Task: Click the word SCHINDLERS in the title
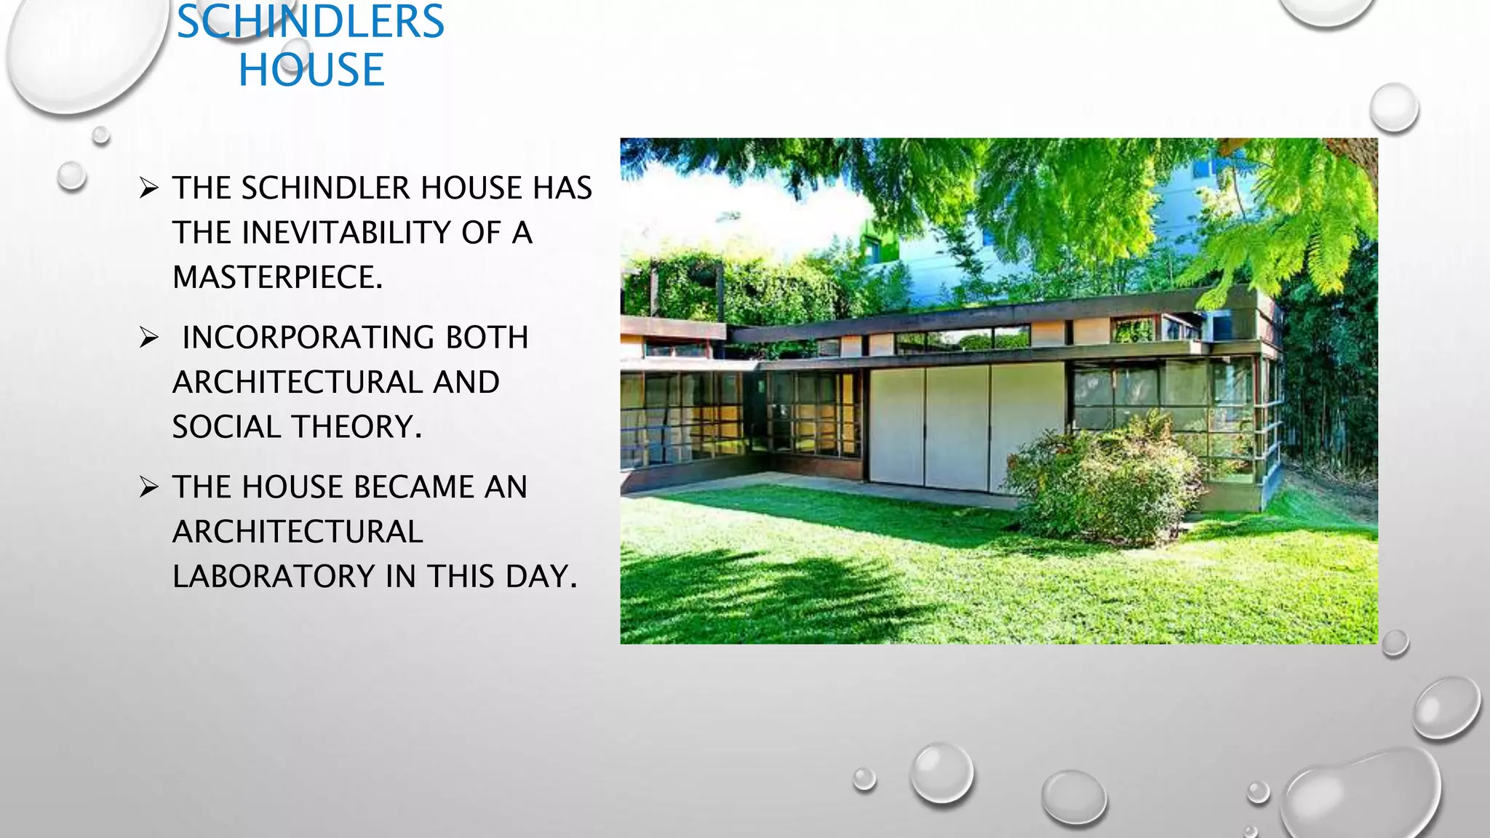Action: [310, 22]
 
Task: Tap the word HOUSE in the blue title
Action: [311, 70]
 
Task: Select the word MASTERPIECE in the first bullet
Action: [276, 277]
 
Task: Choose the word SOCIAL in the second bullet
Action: [223, 427]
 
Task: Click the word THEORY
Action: [370, 427]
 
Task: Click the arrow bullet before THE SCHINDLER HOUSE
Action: [149, 189]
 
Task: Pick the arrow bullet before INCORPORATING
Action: [149, 338]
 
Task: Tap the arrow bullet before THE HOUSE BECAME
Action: [149, 487]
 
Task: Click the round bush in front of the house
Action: [1102, 484]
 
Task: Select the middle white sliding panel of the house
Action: [957, 427]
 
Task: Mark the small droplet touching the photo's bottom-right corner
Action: [1395, 643]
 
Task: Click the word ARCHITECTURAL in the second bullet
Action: [335, 383]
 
